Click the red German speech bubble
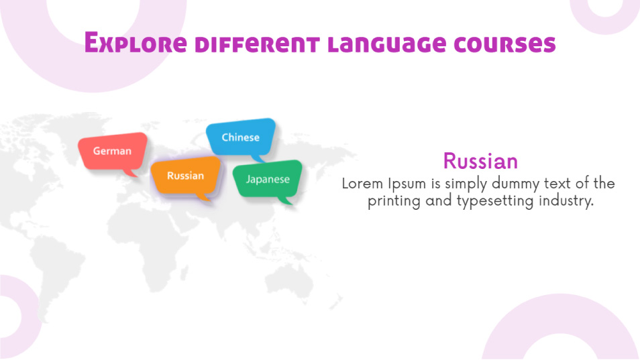113,152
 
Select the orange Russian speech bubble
186,176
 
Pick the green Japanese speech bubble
268,180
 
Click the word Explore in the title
136,43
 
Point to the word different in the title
257,44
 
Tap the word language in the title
387,44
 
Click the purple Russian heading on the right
480,161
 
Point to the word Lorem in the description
362,184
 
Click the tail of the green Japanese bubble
285,200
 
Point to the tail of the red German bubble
131,173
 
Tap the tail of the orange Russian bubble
204,197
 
